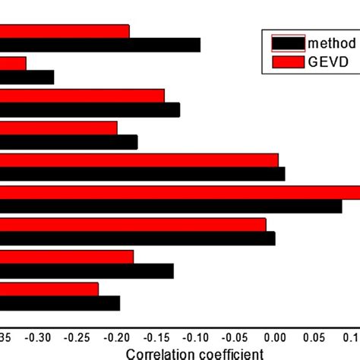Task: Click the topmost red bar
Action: pyautogui.click(x=65, y=31)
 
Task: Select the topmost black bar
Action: pyautogui.click(x=99, y=45)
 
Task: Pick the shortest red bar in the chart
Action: pyautogui.click(x=13, y=64)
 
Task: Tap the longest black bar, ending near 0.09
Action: pyautogui.click(x=171, y=206)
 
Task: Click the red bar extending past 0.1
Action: pyautogui.click(x=180, y=192)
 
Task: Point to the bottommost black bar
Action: pyautogui.click(x=59, y=303)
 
